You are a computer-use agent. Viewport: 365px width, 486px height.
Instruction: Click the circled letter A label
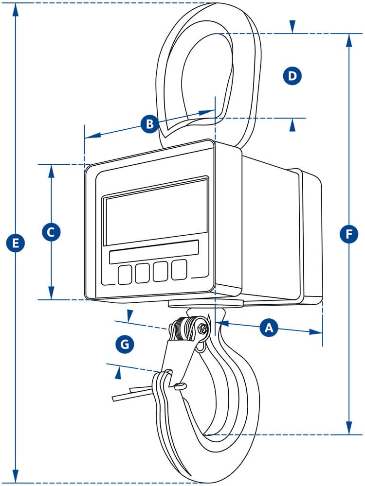pyautogui.click(x=268, y=328)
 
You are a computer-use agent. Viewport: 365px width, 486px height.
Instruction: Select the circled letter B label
pyautogui.click(x=150, y=123)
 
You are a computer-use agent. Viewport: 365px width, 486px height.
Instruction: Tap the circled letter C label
pyautogui.click(x=51, y=231)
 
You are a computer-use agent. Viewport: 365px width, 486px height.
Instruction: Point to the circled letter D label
pyautogui.click(x=292, y=75)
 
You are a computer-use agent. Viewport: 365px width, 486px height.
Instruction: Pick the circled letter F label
pyautogui.click(x=348, y=234)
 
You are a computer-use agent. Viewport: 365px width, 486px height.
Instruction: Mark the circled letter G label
pyautogui.click(x=125, y=345)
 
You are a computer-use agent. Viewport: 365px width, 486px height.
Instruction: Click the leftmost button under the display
pyautogui.click(x=125, y=275)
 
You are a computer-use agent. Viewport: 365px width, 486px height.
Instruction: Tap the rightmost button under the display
pyautogui.click(x=179, y=269)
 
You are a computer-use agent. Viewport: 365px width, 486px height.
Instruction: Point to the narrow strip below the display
pyautogui.click(x=154, y=251)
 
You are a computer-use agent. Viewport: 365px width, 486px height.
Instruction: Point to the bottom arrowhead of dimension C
pyautogui.click(x=51, y=294)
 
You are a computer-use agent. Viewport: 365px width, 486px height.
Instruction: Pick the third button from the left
pyautogui.click(x=161, y=271)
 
